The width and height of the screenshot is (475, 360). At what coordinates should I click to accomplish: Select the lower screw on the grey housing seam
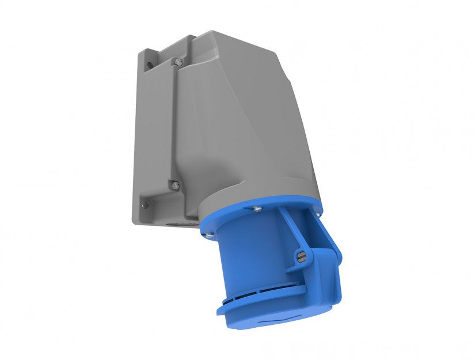click(x=175, y=185)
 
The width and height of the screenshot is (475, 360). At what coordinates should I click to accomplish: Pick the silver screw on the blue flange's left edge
click(x=208, y=234)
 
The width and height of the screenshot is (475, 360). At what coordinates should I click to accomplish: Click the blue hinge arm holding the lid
click(x=288, y=230)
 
